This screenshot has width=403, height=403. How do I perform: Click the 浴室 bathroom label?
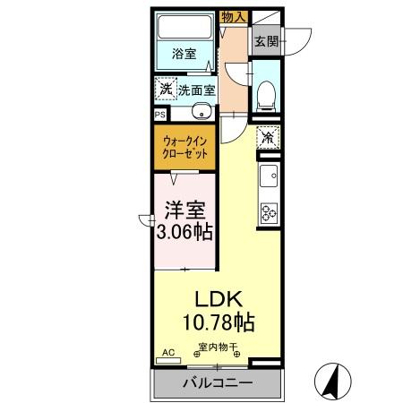click(184, 53)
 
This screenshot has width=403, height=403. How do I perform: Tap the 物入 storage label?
click(233, 17)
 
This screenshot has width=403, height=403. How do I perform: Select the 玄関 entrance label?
click(266, 41)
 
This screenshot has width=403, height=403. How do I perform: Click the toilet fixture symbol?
click(266, 95)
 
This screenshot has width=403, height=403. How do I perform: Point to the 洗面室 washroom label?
click(196, 90)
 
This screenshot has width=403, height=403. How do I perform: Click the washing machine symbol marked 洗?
click(164, 89)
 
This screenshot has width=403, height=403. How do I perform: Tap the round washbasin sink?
click(202, 113)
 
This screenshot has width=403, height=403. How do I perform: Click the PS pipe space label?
click(159, 114)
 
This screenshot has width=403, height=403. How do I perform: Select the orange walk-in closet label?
click(186, 147)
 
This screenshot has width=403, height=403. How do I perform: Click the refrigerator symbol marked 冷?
click(267, 138)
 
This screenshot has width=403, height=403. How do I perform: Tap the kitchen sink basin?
click(269, 175)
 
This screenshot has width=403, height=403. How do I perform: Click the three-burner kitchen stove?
click(269, 212)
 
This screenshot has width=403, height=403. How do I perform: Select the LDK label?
click(219, 300)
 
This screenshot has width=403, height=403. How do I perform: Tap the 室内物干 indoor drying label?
click(217, 347)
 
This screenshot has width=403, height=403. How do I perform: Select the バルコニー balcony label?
click(218, 382)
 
